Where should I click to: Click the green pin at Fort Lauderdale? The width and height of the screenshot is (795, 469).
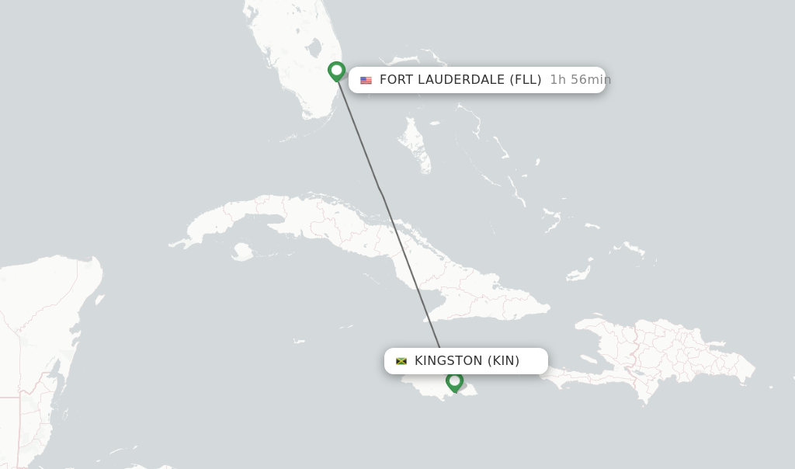(336, 71)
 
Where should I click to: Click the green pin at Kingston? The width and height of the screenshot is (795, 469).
(454, 381)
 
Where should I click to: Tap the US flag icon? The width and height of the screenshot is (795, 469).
(366, 80)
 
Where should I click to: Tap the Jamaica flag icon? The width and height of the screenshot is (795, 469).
(401, 361)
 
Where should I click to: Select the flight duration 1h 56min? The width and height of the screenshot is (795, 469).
(580, 80)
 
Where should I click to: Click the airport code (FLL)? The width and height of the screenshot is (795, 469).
(525, 80)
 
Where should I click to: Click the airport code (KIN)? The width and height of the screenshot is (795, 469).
(503, 361)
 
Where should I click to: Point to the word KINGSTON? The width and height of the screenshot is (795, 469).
(448, 361)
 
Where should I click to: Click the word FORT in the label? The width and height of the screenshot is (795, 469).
(396, 80)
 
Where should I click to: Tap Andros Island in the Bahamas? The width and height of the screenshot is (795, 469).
(414, 143)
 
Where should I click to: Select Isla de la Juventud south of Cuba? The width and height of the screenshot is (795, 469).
(242, 252)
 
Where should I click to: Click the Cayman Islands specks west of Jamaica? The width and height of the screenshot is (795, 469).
(299, 341)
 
